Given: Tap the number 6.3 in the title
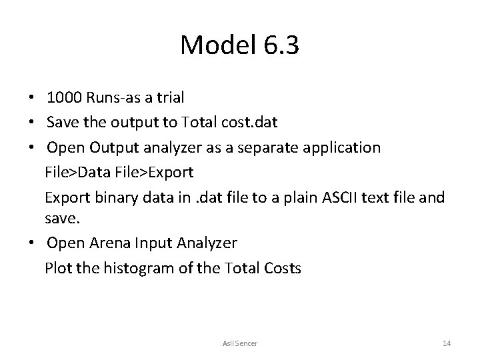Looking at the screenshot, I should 282,45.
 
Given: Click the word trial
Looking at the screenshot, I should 169,97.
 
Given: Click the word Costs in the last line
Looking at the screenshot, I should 283,269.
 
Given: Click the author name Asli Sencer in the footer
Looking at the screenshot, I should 240,343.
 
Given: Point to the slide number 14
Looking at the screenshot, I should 447,343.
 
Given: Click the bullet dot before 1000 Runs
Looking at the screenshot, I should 32,98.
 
